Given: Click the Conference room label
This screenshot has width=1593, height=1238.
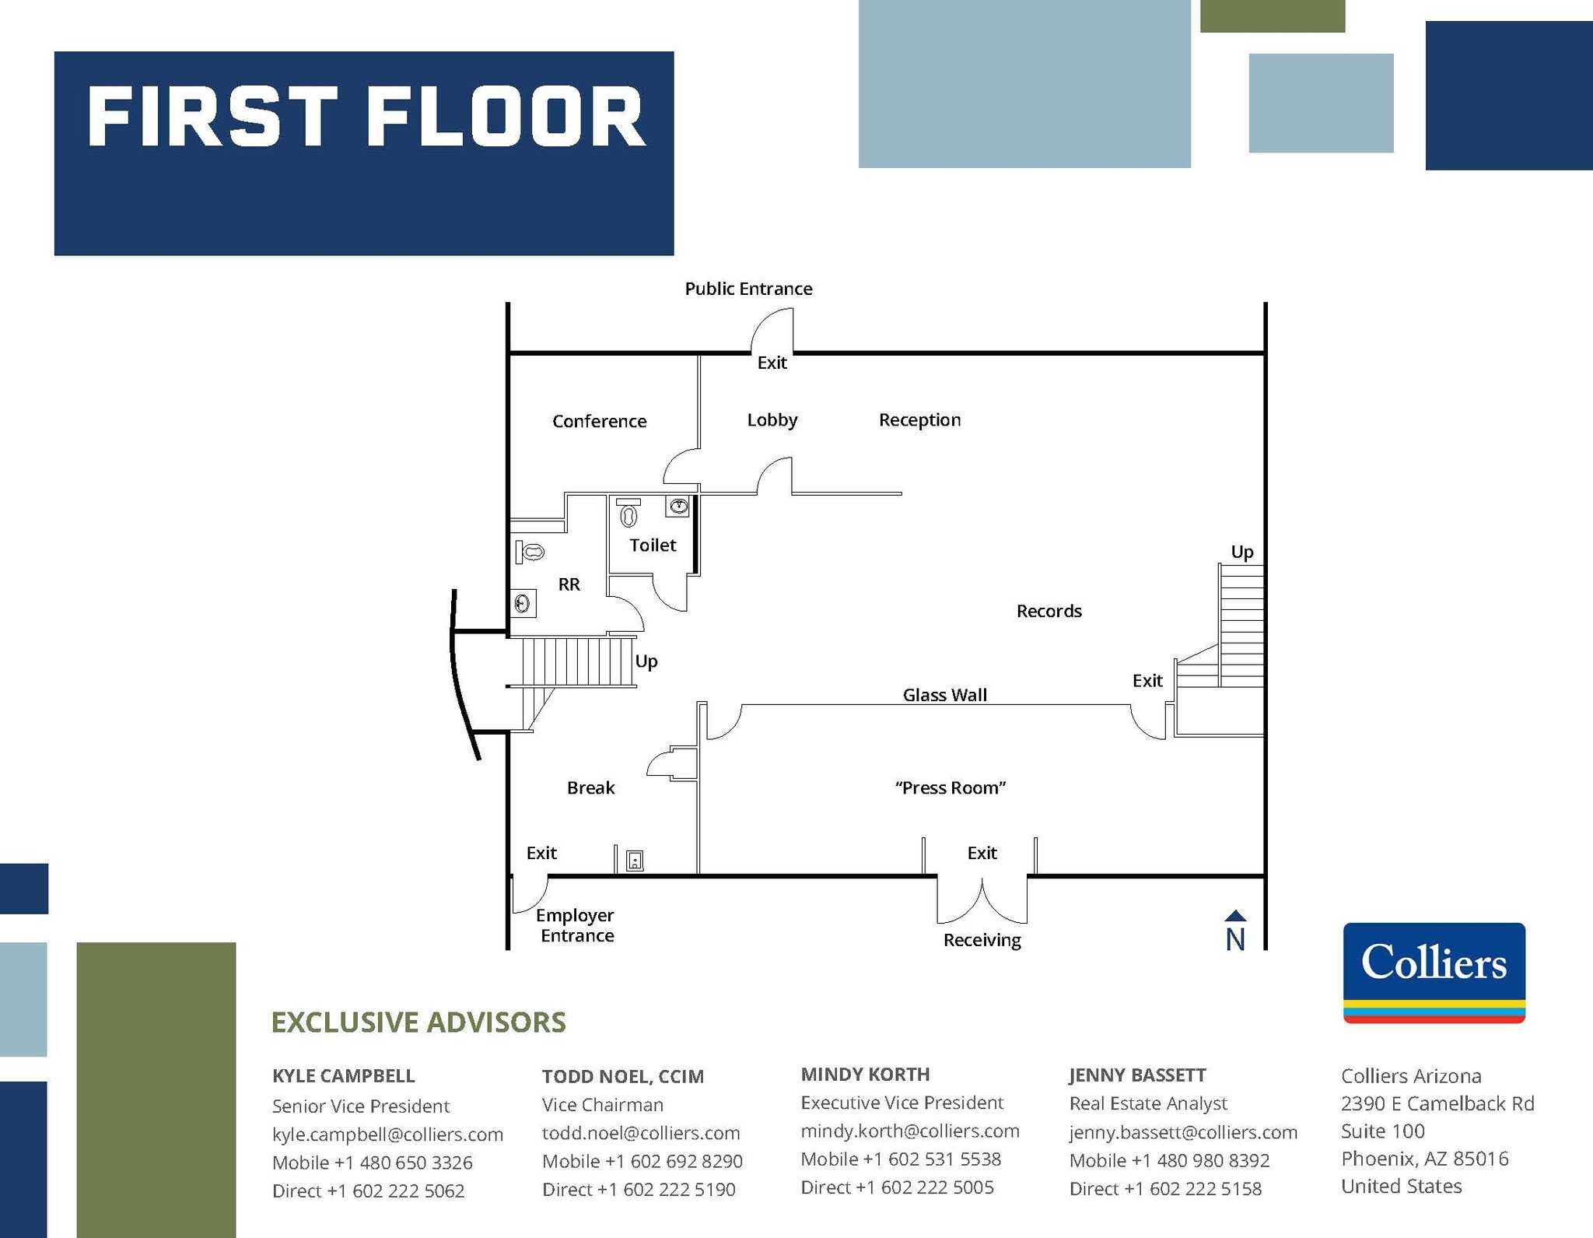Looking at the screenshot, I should (599, 421).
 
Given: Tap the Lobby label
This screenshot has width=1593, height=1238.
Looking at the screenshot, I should (772, 420).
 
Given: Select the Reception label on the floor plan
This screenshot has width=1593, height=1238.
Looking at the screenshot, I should (919, 420).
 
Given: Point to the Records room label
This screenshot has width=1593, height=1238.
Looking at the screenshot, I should (1049, 611).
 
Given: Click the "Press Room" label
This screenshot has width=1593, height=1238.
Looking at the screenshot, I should (950, 787).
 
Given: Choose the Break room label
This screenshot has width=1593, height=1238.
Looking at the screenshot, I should (590, 787).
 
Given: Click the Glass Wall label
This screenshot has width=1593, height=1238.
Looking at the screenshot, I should (944, 695).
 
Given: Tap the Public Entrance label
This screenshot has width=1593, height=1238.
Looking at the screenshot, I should (748, 289).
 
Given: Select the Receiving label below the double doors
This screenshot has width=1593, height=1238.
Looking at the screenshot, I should (982, 940).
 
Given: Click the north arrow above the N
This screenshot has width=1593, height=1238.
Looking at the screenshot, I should (1235, 916).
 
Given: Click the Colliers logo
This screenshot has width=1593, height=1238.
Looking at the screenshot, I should (1434, 972).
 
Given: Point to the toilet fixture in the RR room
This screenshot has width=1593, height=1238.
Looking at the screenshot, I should (530, 552).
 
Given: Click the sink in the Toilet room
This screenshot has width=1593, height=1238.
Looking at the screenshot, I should (678, 507).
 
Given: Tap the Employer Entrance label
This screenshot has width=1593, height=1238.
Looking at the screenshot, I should (576, 925).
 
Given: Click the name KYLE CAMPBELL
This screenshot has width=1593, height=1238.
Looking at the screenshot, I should (343, 1075).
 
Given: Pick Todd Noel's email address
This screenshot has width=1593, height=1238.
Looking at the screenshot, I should (640, 1133).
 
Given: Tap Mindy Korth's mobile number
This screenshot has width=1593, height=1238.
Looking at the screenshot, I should (901, 1159).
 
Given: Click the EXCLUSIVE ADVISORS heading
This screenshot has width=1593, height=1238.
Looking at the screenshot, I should (418, 1022).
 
